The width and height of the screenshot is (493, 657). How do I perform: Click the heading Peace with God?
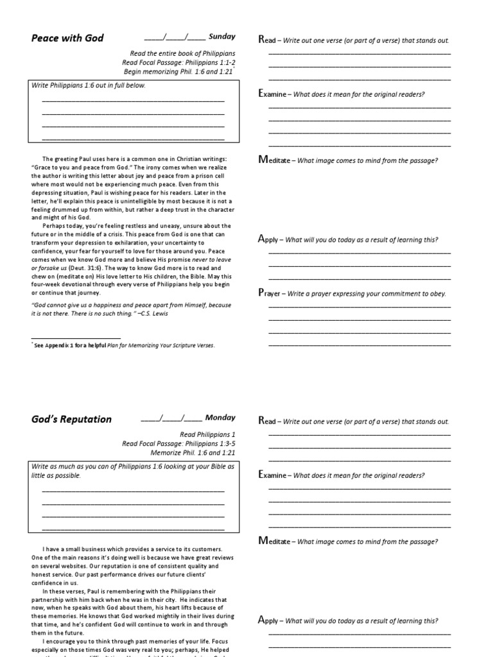67,38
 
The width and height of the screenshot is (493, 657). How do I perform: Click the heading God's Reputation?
71,420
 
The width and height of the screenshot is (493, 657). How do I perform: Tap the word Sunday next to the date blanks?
222,37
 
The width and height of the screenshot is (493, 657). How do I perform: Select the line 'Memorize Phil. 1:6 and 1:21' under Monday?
192,452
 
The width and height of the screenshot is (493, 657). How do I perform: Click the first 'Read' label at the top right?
266,40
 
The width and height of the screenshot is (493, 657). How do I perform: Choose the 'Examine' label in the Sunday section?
272,94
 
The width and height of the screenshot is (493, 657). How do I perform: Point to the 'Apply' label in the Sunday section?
268,239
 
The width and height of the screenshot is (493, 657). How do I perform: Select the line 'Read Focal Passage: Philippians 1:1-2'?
178,62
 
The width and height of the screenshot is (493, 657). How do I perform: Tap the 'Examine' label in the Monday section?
272,475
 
